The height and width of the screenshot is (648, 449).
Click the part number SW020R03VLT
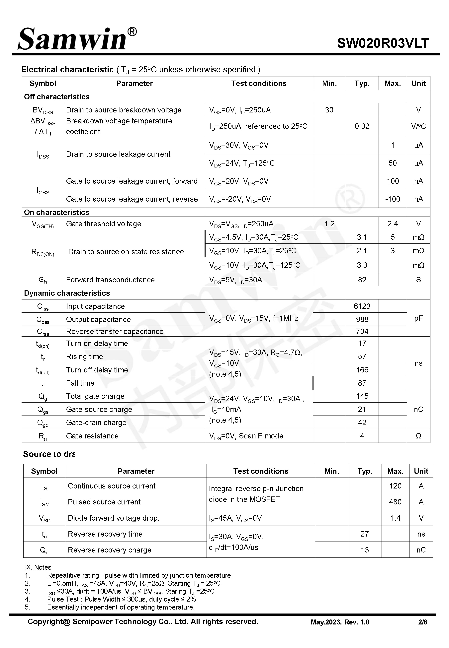383,43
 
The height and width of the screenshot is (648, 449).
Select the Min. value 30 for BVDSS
329,110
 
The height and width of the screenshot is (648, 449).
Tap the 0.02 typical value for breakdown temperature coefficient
362,126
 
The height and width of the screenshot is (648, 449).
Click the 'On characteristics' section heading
56,212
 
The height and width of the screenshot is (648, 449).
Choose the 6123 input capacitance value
362,306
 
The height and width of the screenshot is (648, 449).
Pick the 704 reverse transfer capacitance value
362,331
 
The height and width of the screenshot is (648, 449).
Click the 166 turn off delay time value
362,370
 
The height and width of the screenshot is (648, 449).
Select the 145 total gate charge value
362,396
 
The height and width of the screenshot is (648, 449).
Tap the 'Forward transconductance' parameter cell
110,280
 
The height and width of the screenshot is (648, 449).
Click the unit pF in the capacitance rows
418,318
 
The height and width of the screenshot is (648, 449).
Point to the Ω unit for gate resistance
418,436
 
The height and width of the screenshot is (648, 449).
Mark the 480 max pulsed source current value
395,502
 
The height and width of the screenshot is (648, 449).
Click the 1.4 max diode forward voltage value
395,518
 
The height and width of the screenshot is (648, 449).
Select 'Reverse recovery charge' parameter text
109,550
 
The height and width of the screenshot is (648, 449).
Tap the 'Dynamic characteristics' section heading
67,293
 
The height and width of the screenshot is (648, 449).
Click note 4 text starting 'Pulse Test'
122,599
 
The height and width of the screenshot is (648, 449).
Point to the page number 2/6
422,622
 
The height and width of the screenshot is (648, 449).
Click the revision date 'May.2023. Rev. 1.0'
340,622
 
